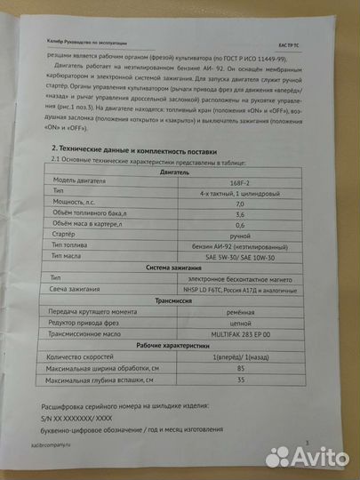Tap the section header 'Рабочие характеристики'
coord(185,371)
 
